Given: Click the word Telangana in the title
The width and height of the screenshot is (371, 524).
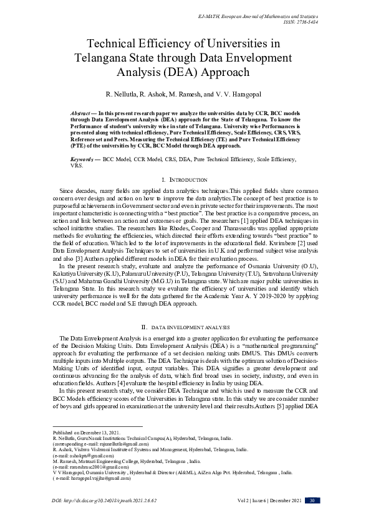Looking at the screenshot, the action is coord(104,58).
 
